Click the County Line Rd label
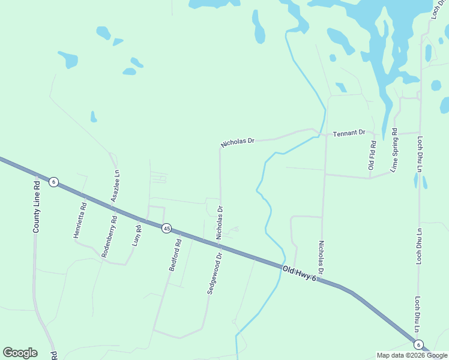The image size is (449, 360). click(37, 206)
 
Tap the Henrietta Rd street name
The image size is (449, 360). click(80, 220)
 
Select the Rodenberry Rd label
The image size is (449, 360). click(109, 236)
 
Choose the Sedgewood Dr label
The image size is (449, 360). click(215, 272)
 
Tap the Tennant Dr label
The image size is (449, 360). click(349, 132)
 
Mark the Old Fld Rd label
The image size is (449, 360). click(372, 154)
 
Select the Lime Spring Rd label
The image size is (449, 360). click(394, 150)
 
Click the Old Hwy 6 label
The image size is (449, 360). click(299, 274)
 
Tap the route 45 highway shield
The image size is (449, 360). click(166, 228)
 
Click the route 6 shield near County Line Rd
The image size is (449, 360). click(53, 182)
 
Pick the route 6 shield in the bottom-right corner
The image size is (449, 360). click(418, 344)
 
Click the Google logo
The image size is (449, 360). click(20, 353)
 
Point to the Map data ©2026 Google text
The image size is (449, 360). click(412, 355)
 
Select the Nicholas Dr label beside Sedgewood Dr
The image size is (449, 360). click(220, 221)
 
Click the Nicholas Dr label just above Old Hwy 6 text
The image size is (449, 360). click(321, 259)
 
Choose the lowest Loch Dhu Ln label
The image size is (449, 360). click(417, 314)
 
